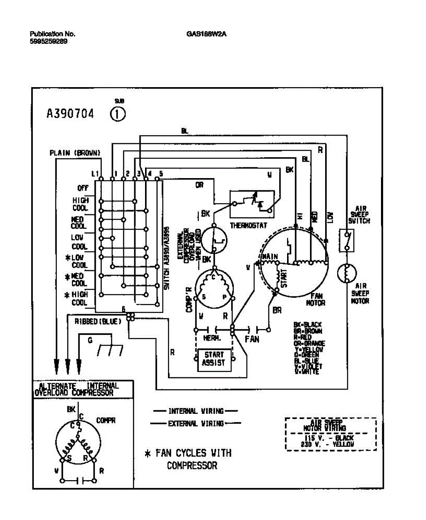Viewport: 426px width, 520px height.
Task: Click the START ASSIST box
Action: coord(214,359)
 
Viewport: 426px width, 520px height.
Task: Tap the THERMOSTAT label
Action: coord(248,226)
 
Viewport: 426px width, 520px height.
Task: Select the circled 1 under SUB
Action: coord(118,114)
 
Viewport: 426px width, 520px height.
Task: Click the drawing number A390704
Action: coord(70,114)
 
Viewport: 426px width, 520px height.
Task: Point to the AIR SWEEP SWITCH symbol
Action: coord(347,241)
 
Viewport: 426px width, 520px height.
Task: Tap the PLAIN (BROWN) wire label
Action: coord(75,153)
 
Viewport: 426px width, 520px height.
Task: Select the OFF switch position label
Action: coord(83,188)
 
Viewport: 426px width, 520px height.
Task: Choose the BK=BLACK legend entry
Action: coord(307,325)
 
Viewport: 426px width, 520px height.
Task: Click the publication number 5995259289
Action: coord(48,42)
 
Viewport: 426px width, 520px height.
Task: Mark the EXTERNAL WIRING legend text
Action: coord(196,423)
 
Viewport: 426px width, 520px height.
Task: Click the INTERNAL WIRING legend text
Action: coord(196,411)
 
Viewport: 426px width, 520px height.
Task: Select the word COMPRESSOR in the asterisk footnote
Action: coord(192,466)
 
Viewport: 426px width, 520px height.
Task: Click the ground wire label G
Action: coord(90,341)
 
